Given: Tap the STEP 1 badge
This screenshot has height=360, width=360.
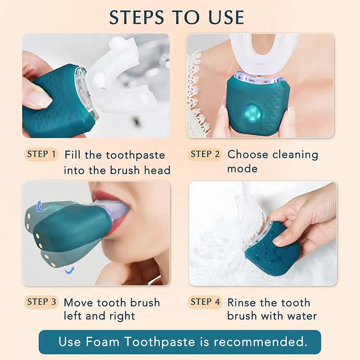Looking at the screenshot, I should coord(41,154).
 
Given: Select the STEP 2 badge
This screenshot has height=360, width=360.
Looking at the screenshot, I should coord(205,154).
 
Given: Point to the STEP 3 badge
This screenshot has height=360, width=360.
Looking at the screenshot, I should coord(41,302).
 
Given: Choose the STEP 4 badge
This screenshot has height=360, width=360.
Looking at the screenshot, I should coord(205,302).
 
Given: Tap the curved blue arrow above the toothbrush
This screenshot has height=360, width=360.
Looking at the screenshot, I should coord(41,206).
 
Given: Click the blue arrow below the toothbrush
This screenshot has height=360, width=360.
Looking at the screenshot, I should coord(69,270).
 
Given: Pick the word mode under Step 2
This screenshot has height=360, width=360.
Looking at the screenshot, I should coord(242,169).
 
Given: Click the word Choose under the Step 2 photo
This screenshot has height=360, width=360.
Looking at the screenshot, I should coord(248,155).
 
